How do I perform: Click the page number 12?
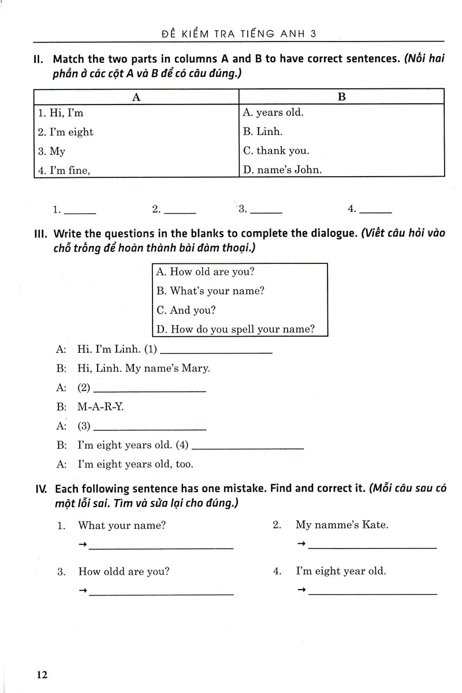pos(41,675)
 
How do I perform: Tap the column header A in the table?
pos(136,97)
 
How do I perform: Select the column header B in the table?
pos(341,97)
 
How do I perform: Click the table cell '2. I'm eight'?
pos(66,132)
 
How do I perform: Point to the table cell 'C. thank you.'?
pos(276,151)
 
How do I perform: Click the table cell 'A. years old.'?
pos(273,113)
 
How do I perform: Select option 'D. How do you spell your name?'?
pos(236,329)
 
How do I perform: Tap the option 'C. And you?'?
pos(186,310)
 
